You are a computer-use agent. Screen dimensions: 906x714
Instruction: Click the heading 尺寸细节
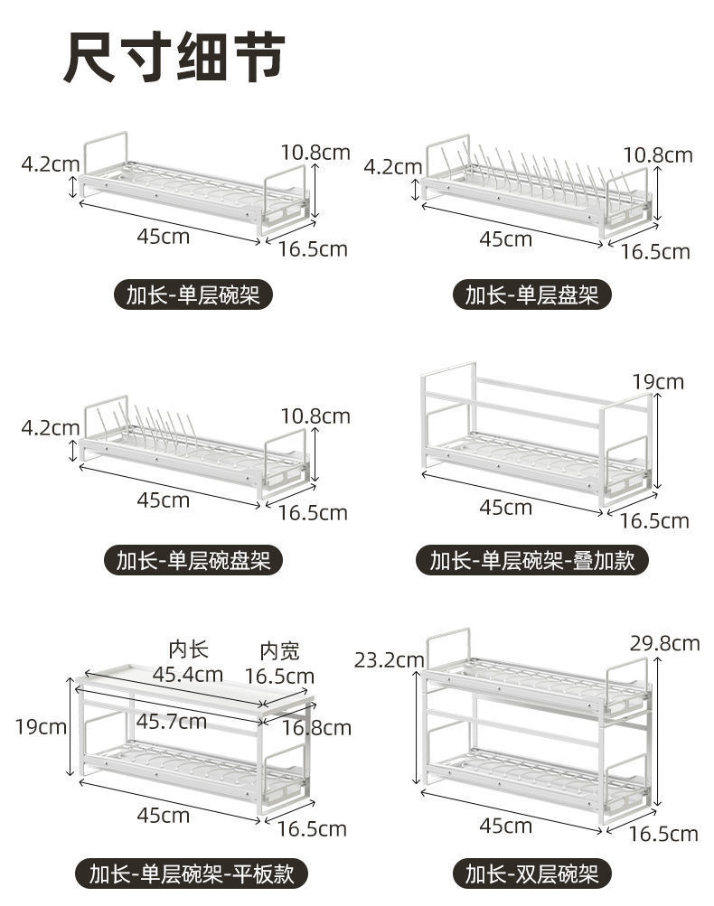[x=174, y=58]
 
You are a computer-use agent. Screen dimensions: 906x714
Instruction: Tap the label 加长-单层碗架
[x=193, y=294]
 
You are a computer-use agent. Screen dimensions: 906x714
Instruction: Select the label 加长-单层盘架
[x=531, y=294]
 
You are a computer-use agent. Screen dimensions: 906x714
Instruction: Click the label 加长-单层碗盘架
[x=193, y=560]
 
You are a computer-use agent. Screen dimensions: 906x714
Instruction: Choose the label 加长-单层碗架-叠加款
[x=531, y=560]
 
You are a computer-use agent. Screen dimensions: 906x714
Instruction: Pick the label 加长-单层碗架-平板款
[x=193, y=873]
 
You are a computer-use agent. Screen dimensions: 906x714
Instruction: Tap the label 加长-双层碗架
[x=531, y=873]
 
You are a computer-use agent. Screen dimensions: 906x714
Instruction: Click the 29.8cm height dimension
[x=665, y=643]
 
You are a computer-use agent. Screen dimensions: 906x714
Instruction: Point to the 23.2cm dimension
[x=389, y=660]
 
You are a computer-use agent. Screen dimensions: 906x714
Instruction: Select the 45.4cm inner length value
[x=187, y=674]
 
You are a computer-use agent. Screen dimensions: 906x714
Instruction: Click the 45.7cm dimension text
[x=172, y=721]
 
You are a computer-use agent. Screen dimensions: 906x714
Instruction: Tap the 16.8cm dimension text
[x=316, y=727]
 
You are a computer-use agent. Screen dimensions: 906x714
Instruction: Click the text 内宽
[x=279, y=651]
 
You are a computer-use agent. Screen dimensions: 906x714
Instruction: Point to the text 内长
[x=188, y=649]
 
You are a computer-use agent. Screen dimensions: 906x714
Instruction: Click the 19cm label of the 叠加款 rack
[x=658, y=382]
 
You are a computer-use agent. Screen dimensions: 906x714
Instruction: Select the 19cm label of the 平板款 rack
[x=41, y=726]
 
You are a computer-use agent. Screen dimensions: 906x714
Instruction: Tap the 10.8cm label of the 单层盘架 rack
[x=658, y=155]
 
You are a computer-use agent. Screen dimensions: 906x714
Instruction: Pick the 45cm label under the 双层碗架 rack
[x=505, y=826]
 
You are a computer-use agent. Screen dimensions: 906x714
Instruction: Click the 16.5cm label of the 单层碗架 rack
[x=313, y=249]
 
